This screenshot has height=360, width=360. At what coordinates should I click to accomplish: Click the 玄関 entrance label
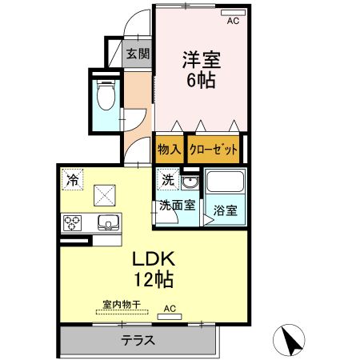tap(138, 54)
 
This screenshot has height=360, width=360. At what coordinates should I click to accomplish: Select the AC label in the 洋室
tap(234, 22)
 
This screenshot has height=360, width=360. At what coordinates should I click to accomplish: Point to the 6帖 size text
tap(200, 80)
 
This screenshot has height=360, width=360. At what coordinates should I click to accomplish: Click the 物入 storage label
tap(169, 149)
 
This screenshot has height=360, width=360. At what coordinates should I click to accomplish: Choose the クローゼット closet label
tap(214, 149)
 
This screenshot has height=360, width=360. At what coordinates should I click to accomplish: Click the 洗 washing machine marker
tap(167, 180)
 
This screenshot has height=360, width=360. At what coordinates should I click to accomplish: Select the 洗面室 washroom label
tap(176, 205)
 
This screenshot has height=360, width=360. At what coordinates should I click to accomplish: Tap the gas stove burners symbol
tap(70, 222)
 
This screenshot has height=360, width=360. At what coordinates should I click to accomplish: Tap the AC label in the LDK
tap(170, 308)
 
